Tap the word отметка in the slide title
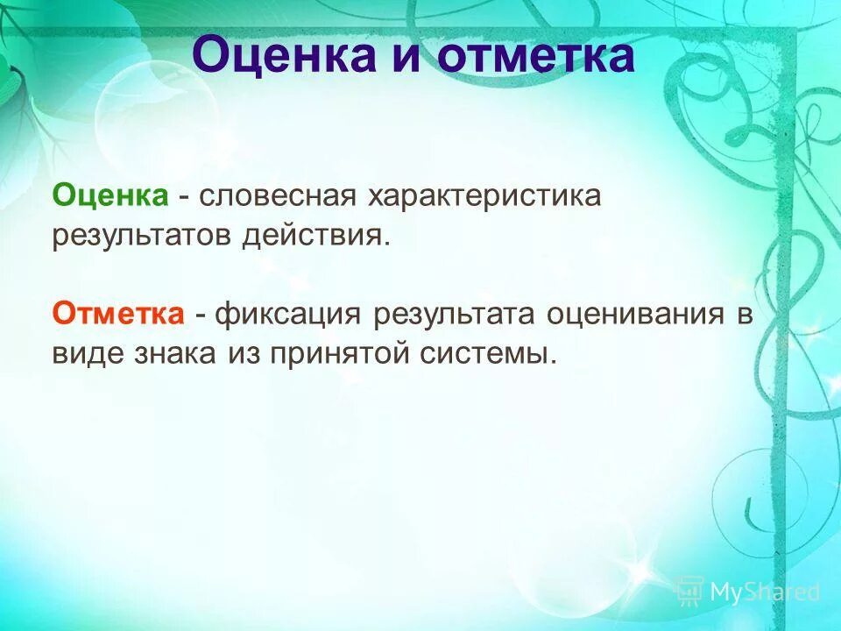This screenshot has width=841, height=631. click(x=535, y=55)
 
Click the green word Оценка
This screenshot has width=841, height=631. click(x=110, y=195)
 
